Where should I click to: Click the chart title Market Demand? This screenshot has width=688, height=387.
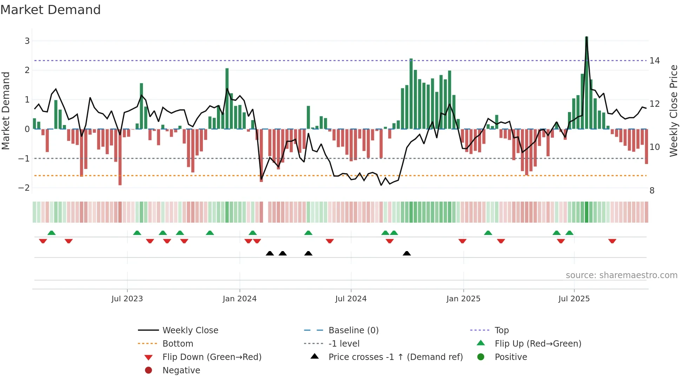click(51, 10)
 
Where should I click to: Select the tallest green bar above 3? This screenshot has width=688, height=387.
click(587, 83)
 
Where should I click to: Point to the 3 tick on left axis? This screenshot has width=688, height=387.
click(27, 41)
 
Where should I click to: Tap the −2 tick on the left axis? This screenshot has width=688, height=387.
click(24, 188)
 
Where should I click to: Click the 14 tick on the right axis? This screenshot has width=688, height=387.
click(655, 61)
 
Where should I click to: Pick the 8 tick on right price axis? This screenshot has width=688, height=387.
click(652, 191)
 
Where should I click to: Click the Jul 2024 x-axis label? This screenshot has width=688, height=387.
click(351, 299)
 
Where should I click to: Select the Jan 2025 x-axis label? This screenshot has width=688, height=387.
click(463, 299)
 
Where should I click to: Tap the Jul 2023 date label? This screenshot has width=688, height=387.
click(127, 299)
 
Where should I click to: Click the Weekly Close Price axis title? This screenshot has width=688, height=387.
click(673, 111)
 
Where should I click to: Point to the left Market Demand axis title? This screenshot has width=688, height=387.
click(6, 111)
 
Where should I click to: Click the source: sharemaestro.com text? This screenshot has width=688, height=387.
click(621, 275)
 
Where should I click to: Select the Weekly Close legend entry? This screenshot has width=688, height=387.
click(190, 330)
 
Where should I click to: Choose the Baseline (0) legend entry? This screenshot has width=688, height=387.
click(353, 330)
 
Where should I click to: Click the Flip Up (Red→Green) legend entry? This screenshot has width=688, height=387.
click(538, 344)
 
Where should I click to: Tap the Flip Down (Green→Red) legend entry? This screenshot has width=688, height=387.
click(212, 357)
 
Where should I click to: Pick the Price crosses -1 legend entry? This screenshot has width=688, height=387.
click(395, 357)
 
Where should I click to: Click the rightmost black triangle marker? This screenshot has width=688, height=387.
click(406, 254)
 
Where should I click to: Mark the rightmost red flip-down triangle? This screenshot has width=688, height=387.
click(612, 241)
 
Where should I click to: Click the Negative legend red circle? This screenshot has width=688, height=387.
click(148, 370)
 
